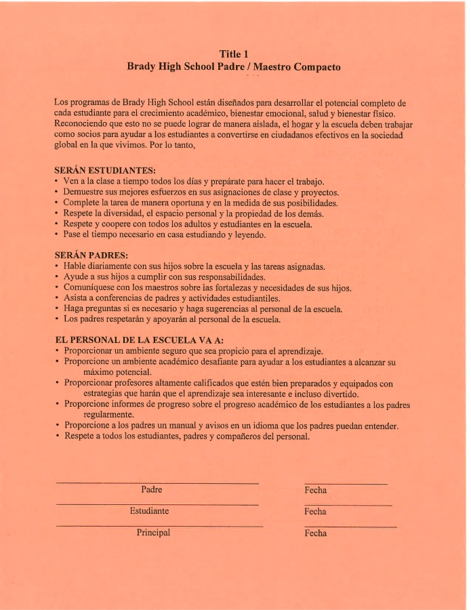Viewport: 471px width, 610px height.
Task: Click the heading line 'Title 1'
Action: click(x=234, y=54)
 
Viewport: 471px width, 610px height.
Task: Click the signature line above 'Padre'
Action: click(x=157, y=483)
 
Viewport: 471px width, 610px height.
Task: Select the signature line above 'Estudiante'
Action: click(x=157, y=505)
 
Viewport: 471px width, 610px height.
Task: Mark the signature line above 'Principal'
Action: click(x=159, y=527)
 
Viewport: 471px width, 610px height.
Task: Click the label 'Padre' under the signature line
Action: click(x=151, y=489)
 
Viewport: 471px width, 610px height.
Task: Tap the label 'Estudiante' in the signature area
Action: click(x=149, y=511)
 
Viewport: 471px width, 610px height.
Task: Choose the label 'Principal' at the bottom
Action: click(x=153, y=533)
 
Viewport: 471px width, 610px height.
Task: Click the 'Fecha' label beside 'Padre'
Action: click(x=316, y=490)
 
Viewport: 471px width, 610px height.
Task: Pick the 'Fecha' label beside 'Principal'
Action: click(x=316, y=533)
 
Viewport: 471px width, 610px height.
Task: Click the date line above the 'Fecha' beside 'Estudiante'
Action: click(x=348, y=506)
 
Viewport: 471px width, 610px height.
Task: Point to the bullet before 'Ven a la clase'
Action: click(x=56, y=182)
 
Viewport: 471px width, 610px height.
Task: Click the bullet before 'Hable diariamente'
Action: click(x=56, y=267)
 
